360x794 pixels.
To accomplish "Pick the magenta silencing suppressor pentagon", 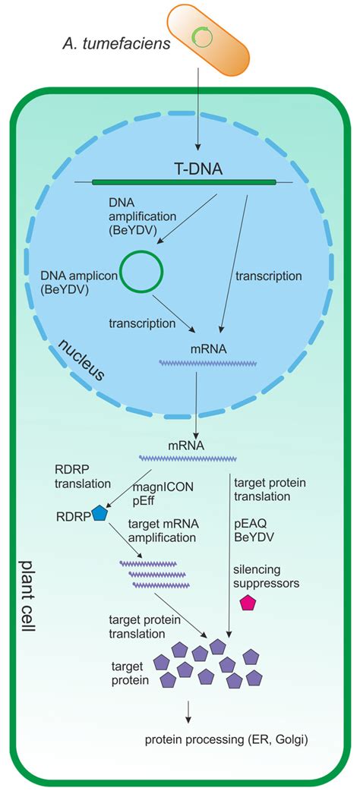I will [248, 603].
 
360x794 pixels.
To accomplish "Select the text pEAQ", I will [251, 524].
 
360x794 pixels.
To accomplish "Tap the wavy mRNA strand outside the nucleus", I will [187, 459].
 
